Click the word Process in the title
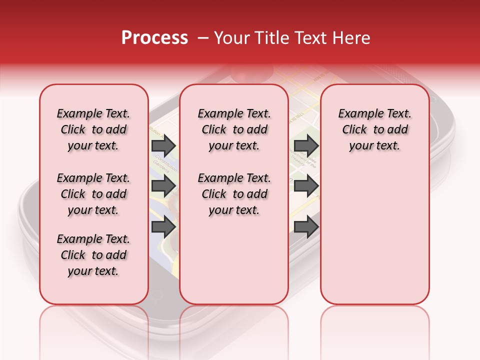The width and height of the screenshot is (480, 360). click(x=154, y=38)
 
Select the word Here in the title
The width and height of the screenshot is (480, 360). click(x=352, y=38)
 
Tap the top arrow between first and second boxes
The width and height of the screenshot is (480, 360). click(x=163, y=145)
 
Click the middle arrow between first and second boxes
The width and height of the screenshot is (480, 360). click(x=163, y=186)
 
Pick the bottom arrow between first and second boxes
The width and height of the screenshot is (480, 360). click(x=163, y=226)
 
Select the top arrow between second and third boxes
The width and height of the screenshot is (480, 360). click(x=306, y=145)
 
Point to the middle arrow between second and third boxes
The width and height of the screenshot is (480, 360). click(x=306, y=186)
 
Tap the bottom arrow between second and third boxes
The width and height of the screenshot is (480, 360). click(x=306, y=226)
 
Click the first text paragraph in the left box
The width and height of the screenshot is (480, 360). click(x=93, y=129)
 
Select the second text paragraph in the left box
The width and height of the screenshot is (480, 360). click(x=93, y=194)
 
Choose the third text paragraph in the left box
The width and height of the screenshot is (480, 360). click(x=93, y=255)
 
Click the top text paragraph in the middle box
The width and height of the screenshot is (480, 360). click(x=234, y=129)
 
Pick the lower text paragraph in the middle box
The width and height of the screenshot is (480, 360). click(x=234, y=194)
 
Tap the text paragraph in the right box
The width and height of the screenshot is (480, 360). click(x=374, y=129)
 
